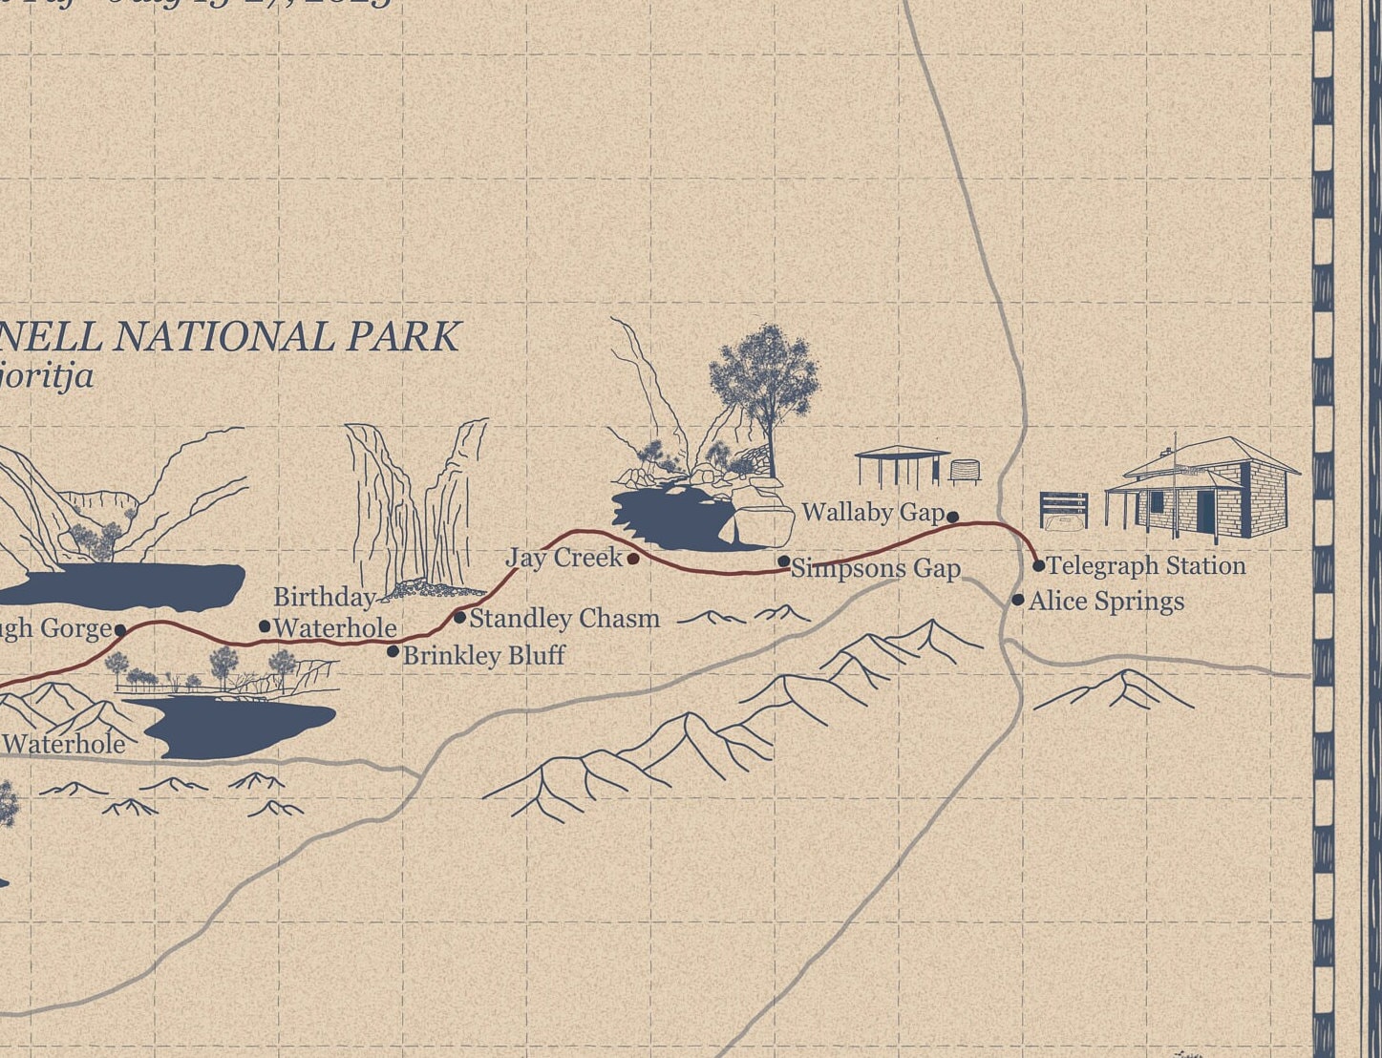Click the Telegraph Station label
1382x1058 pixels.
pyautogui.click(x=1146, y=566)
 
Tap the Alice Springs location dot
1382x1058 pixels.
pyautogui.click(x=1018, y=601)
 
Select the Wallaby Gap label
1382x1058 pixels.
pyautogui.click(x=873, y=513)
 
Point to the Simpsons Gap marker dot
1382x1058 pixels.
pyautogui.click(x=784, y=561)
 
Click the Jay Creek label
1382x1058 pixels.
pyautogui.click(x=563, y=558)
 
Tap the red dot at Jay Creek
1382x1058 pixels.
pyautogui.click(x=633, y=559)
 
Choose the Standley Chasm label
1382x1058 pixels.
pyautogui.click(x=564, y=619)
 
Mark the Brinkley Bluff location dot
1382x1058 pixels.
pyautogui.click(x=393, y=651)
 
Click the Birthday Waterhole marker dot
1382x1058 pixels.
pyautogui.click(x=265, y=626)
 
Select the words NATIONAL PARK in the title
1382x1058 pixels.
pyautogui.click(x=287, y=337)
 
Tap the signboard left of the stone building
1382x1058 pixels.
pyautogui.click(x=1064, y=510)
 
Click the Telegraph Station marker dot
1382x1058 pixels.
pyautogui.click(x=1039, y=565)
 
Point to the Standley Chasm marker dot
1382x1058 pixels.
pyautogui.click(x=459, y=618)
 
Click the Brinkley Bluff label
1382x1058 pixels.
pyautogui.click(x=483, y=656)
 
